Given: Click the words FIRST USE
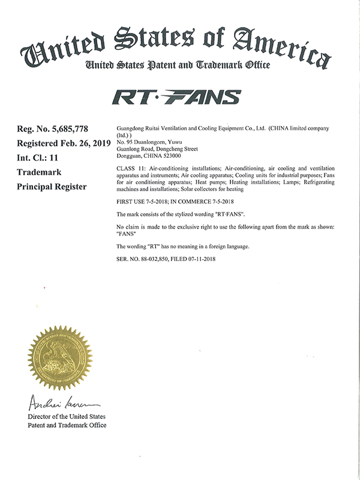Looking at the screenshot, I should tap(129, 203).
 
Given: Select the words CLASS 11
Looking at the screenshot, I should tap(128, 168).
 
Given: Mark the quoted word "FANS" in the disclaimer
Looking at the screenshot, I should tap(124, 234).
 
